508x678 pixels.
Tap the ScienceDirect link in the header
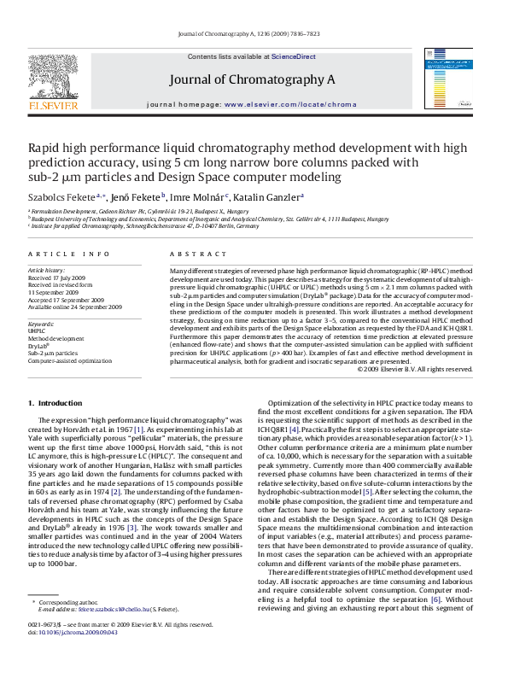[294, 56]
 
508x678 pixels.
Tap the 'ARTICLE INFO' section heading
[69, 254]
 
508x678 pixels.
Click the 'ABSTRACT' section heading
[191, 254]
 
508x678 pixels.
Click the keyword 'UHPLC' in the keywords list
[38, 331]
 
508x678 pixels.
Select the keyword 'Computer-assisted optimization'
[70, 361]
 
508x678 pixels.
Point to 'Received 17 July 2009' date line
[56, 278]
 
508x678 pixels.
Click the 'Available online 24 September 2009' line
[75, 307]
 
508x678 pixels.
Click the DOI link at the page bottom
[65, 657]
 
